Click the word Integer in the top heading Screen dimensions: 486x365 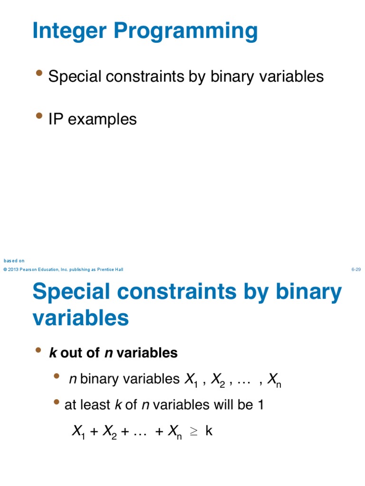pyautogui.click(x=65, y=32)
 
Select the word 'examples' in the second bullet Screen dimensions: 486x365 pyautogui.click(x=102, y=119)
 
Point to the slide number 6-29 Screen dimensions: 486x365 pyautogui.click(x=356, y=270)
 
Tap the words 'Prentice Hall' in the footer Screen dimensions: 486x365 pyautogui.click(x=110, y=270)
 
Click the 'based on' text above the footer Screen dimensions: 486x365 pyautogui.click(x=14, y=261)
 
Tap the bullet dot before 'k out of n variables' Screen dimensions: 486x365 pyautogui.click(x=38, y=350)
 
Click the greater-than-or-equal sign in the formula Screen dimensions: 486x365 pyautogui.click(x=193, y=431)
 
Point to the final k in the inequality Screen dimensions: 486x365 pyautogui.click(x=209, y=431)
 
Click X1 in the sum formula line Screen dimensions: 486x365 pyautogui.click(x=78, y=432)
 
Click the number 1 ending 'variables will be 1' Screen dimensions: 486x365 pyautogui.click(x=260, y=405)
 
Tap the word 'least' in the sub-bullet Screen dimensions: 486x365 pyautogui.click(x=98, y=405)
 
